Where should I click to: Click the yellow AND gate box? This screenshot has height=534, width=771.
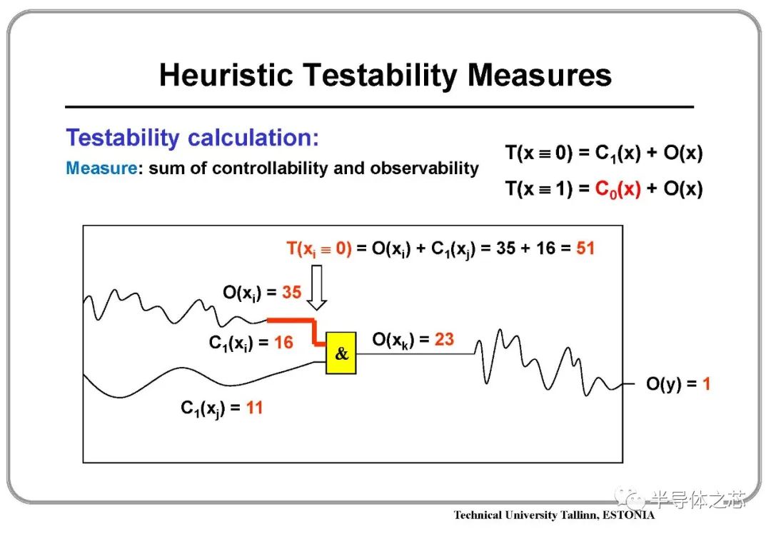pyautogui.click(x=341, y=353)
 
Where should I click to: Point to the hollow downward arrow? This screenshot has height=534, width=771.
pyautogui.click(x=317, y=287)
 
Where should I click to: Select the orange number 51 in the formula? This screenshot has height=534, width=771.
pyautogui.click(x=585, y=248)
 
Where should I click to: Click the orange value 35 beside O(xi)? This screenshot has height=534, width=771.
pyautogui.click(x=291, y=292)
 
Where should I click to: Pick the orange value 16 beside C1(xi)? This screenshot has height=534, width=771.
pyautogui.click(x=283, y=342)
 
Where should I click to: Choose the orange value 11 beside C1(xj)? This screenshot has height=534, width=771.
pyautogui.click(x=254, y=407)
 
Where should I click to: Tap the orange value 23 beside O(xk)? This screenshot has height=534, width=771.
pyautogui.click(x=444, y=339)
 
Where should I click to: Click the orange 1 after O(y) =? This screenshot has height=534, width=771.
pyautogui.click(x=707, y=383)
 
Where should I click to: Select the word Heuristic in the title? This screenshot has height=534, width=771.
pyautogui.click(x=226, y=75)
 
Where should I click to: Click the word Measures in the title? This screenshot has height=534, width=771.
pyautogui.click(x=540, y=75)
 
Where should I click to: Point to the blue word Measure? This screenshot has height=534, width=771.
pyautogui.click(x=101, y=168)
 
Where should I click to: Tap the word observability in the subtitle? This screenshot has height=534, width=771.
pyautogui.click(x=424, y=168)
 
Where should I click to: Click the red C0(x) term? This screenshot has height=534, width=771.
pyautogui.click(x=618, y=189)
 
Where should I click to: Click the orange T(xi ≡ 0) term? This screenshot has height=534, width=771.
pyautogui.click(x=319, y=249)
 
